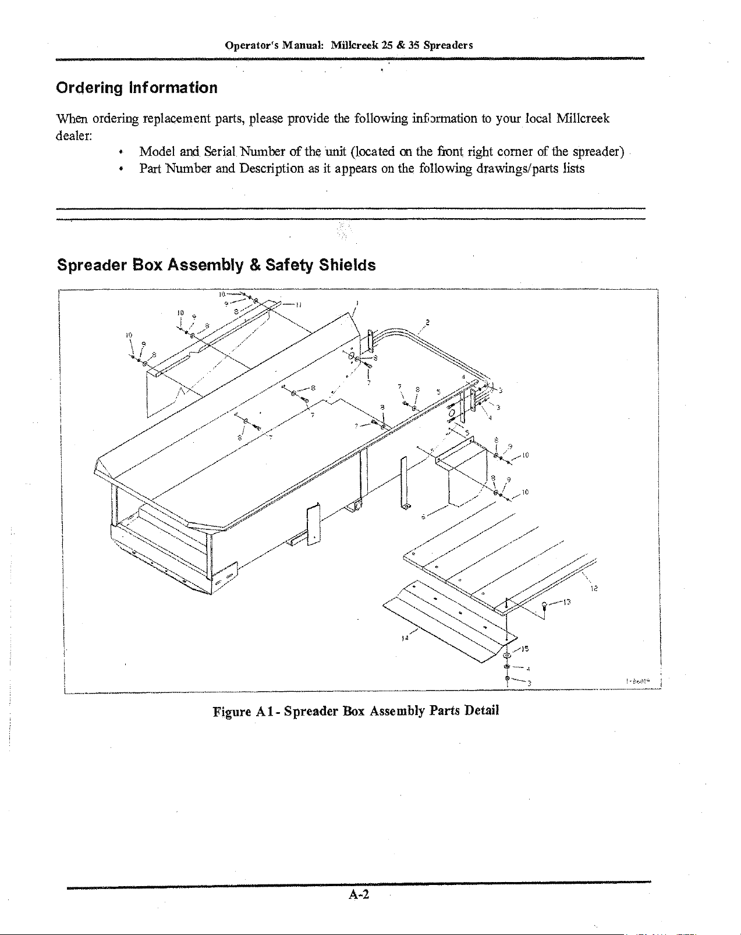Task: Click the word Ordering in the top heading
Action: pos(89,88)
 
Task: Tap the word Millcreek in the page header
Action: pos(354,45)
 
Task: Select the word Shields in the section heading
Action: pos(347,266)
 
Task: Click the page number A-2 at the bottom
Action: pos(359,895)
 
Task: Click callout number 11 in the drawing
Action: pos(298,304)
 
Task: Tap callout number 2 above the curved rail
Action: pos(428,322)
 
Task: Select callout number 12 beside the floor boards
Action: pos(594,589)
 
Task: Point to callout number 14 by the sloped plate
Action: pos(405,637)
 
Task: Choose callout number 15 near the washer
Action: pos(524,648)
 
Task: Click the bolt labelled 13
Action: pos(545,607)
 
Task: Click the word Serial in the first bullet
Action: pos(219,152)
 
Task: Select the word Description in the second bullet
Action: pos(271,169)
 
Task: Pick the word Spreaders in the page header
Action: pos(448,45)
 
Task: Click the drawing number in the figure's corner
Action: pos(639,680)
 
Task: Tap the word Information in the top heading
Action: pos(173,88)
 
